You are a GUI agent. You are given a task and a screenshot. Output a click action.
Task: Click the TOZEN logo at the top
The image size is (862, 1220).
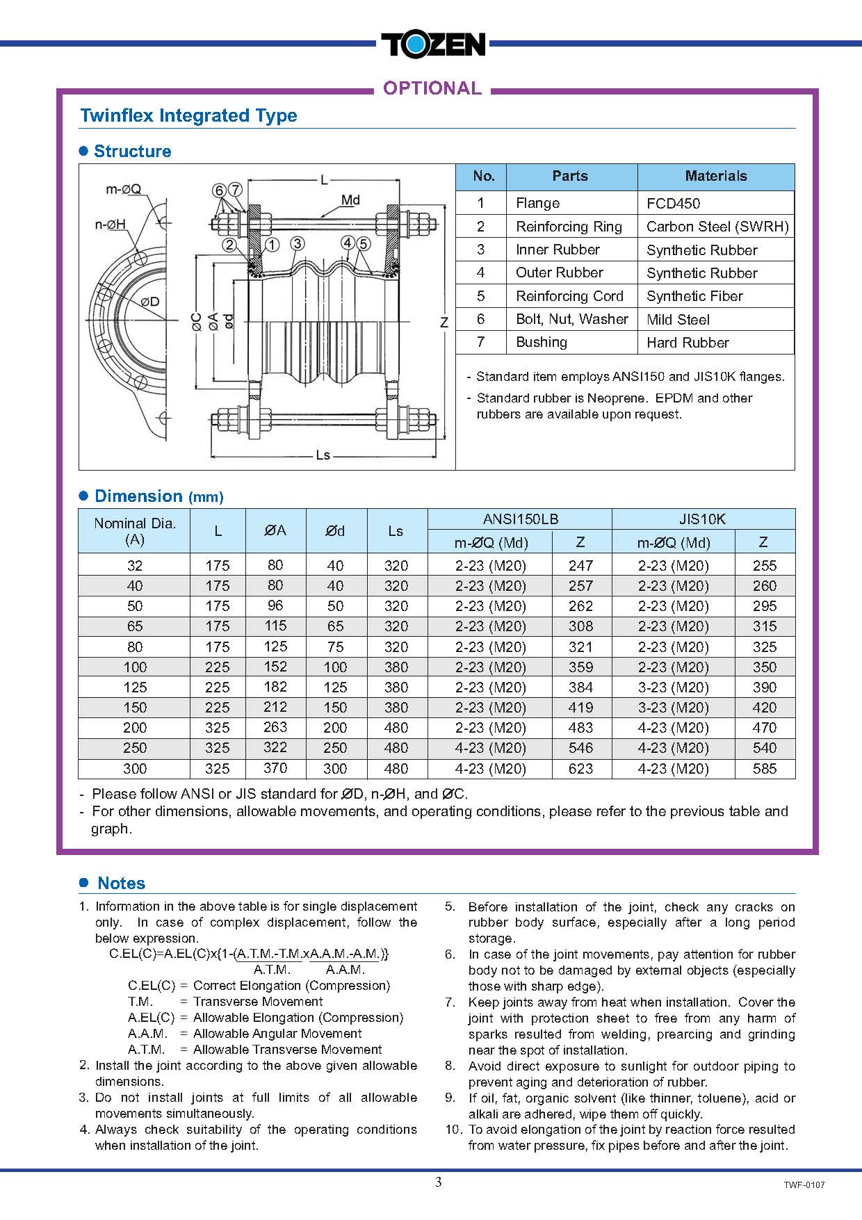coord(432,45)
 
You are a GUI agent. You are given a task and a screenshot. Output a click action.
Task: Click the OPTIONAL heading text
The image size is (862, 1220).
coord(432,88)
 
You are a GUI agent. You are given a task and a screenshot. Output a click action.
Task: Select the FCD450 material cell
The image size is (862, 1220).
coord(673,204)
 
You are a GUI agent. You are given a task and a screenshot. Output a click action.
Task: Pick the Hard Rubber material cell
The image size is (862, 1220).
coord(688,343)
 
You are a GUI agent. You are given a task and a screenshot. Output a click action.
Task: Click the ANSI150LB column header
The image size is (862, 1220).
coord(520,519)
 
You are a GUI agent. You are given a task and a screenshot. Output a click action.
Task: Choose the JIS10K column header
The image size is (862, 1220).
coord(702,519)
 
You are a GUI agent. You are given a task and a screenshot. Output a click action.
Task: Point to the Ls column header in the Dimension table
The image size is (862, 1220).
coord(396,531)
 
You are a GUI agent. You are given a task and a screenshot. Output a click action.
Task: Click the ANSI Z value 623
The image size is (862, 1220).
coord(580,769)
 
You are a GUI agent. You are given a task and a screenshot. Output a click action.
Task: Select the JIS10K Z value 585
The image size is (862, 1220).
coord(764,769)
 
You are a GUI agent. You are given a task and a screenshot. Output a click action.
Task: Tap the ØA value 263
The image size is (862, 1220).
coord(275,727)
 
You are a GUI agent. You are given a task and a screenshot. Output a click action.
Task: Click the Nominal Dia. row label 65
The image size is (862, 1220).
coord(135,626)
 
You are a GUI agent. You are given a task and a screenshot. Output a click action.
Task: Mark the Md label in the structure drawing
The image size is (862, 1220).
coord(350,200)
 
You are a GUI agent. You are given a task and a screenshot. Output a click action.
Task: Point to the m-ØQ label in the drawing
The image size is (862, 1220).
coord(123,189)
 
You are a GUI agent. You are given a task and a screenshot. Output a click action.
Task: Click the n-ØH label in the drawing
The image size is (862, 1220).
coord(111,224)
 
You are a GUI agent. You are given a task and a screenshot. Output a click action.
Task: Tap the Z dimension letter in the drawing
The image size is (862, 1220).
coord(444,322)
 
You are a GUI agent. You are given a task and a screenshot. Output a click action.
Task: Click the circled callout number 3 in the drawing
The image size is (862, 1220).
coord(298,243)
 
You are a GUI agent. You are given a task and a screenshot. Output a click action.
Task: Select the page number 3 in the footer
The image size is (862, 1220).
coord(438,1182)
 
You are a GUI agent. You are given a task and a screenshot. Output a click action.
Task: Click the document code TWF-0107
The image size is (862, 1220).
coord(804,1185)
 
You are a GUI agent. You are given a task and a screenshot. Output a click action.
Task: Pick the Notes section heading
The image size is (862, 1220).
coord(121,884)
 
